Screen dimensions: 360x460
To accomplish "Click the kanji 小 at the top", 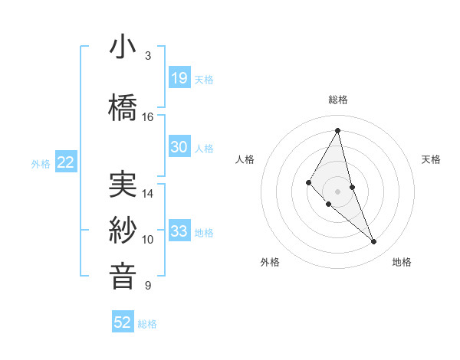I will [123, 47].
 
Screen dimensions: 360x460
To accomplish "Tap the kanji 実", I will [123, 185].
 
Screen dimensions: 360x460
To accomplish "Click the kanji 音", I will [123, 276].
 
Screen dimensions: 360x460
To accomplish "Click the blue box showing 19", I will [179, 77].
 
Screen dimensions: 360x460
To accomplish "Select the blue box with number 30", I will [179, 147].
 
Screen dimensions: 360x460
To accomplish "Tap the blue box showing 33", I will [179, 231].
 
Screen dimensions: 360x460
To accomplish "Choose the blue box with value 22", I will [65, 162].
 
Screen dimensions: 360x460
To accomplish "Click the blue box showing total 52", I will [123, 322].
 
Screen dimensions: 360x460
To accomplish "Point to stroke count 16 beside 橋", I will [148, 117].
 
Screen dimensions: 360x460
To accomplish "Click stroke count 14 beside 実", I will [148, 194].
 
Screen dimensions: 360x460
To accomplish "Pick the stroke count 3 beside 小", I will [148, 56].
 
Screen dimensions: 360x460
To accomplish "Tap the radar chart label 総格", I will [337, 100].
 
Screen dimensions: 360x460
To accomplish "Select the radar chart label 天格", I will [431, 159].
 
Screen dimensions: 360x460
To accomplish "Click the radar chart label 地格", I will [402, 262].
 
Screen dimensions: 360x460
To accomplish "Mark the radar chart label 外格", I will [270, 262].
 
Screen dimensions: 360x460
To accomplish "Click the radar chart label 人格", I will [245, 159].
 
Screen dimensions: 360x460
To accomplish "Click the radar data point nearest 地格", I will [374, 242].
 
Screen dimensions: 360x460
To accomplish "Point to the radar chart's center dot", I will [337, 191].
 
